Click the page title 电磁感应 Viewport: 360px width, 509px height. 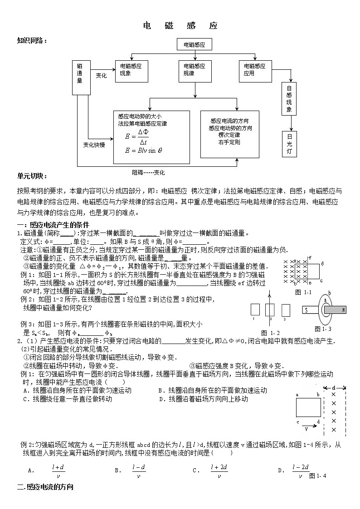point(180,25)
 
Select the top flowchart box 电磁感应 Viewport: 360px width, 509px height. point(195,45)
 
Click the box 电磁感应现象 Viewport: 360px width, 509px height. point(131,70)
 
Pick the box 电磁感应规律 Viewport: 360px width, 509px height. point(195,70)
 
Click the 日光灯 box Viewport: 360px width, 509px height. point(290,144)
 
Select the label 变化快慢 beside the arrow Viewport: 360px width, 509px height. point(94,145)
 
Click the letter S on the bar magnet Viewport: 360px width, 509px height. point(306,310)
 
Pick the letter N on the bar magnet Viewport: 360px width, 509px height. point(344,310)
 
